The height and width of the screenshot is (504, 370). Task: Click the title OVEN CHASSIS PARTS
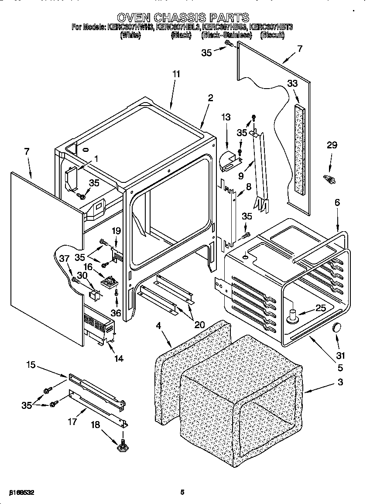183,17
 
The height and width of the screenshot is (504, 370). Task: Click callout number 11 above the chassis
176,74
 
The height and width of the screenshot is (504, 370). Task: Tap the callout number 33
293,83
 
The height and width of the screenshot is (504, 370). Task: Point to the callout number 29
332,145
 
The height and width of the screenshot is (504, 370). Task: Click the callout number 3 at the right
340,383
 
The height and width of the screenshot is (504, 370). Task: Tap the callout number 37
64,259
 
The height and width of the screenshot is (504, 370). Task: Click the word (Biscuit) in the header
272,35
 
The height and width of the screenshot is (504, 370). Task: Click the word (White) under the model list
130,35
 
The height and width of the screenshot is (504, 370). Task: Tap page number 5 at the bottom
182,492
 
